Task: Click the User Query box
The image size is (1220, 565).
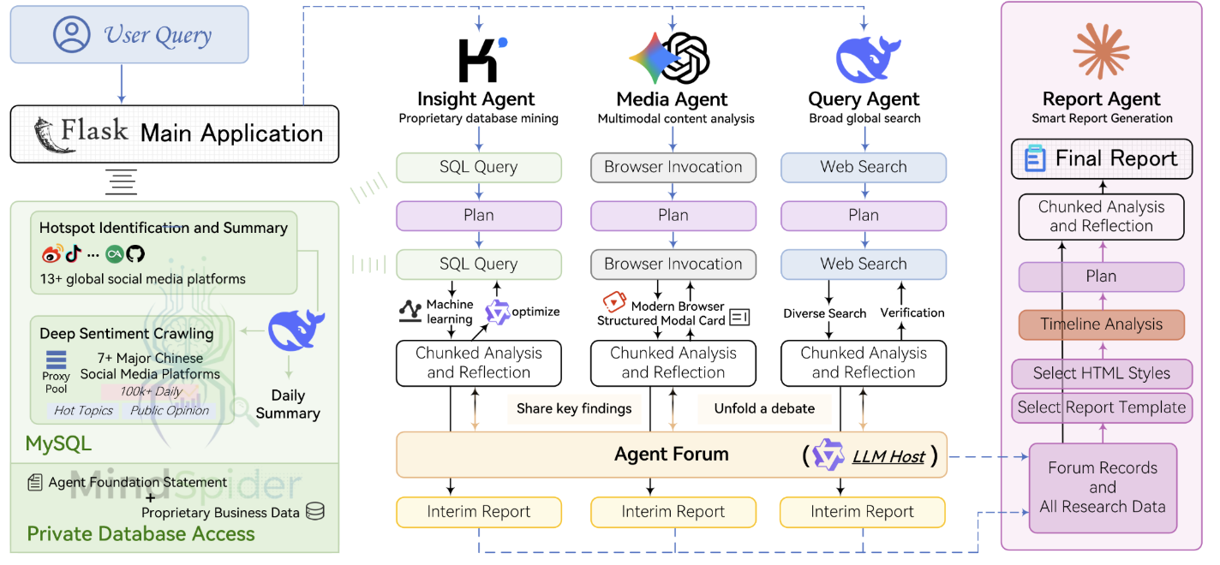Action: (x=129, y=35)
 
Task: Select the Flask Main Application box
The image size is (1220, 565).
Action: (x=175, y=134)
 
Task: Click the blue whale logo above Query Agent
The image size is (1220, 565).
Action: (x=864, y=59)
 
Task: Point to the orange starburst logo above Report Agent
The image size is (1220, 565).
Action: (x=1101, y=51)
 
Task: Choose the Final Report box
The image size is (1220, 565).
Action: (x=1101, y=159)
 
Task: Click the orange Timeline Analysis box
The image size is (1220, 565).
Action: (x=1101, y=324)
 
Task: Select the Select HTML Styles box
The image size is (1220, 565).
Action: (x=1101, y=373)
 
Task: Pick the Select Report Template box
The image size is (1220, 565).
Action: (x=1101, y=407)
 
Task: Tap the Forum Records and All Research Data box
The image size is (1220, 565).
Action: (x=1103, y=488)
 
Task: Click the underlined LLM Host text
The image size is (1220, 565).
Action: (x=888, y=456)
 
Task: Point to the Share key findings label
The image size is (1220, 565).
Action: (x=574, y=409)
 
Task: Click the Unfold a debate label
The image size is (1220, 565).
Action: (x=764, y=409)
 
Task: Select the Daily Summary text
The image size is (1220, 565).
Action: (x=288, y=405)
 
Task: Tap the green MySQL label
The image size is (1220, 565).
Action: (x=58, y=443)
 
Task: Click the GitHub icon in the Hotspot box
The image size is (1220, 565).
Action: (x=136, y=254)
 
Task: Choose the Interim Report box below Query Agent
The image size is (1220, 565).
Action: (x=862, y=513)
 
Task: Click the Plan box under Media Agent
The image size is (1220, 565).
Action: (x=673, y=216)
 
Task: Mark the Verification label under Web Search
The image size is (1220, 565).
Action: (x=912, y=313)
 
